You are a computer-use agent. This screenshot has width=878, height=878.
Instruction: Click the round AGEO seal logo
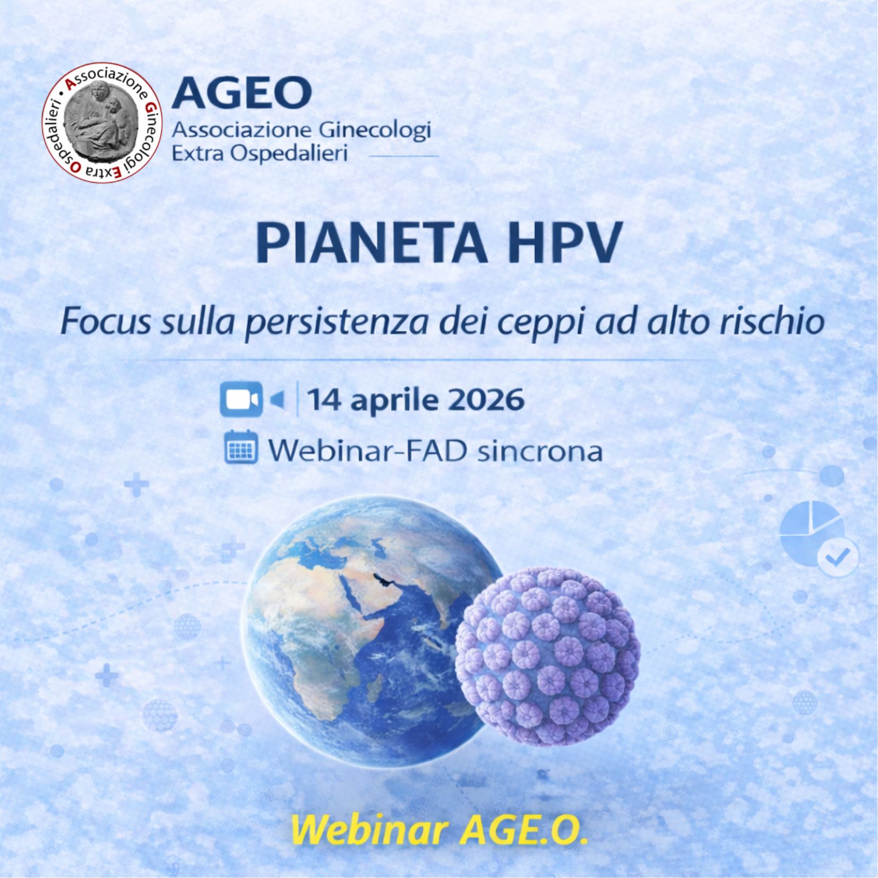(x=102, y=122)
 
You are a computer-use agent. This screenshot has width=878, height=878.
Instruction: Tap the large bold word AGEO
(x=241, y=91)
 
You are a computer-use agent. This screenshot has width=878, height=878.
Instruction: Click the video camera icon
(x=241, y=399)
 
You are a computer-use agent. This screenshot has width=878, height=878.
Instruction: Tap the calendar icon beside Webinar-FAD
(x=241, y=447)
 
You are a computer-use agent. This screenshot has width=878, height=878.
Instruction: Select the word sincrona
(x=540, y=451)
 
